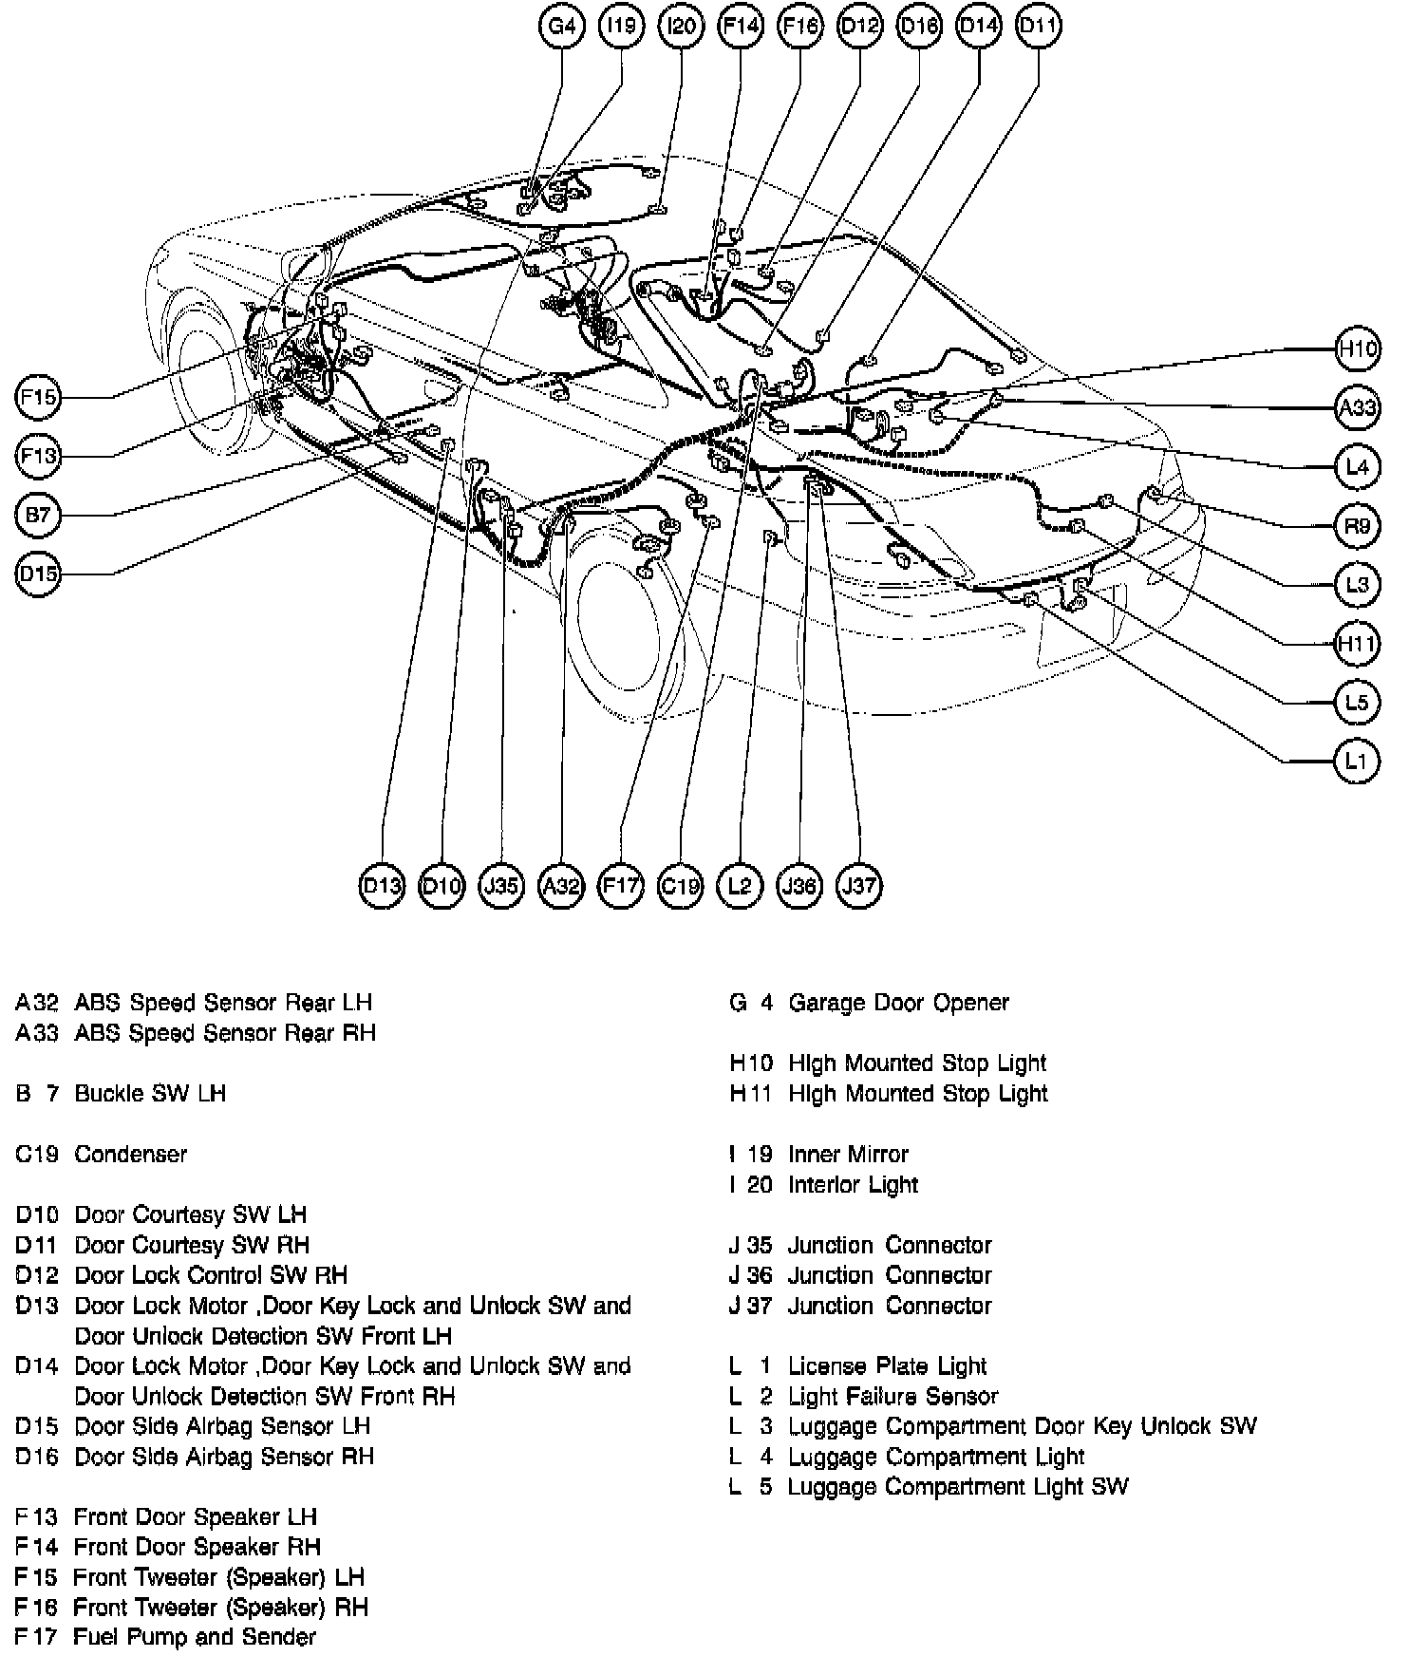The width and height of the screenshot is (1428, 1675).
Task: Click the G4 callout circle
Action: [562, 26]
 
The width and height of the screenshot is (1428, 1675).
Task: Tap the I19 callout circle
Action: [622, 26]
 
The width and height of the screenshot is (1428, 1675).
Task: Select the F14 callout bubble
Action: [741, 26]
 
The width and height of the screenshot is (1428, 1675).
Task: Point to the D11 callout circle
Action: [1038, 26]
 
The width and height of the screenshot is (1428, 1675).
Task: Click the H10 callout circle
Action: [1357, 348]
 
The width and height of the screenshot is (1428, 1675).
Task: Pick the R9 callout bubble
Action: [1357, 525]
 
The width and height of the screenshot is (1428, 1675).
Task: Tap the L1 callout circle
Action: [1357, 761]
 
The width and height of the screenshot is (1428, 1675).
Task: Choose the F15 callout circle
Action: [38, 396]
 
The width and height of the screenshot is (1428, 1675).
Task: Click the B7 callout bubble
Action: [38, 515]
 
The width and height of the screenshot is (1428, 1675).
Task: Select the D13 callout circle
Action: [382, 886]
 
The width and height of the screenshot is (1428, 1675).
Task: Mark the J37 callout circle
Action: [859, 886]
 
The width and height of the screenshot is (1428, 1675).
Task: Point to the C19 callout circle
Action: [681, 886]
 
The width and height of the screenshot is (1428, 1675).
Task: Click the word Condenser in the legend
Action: [131, 1154]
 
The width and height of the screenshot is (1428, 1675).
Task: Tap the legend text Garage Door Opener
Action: [898, 1003]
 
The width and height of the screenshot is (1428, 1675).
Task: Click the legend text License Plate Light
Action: [888, 1365]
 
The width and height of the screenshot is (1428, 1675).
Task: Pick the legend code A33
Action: [37, 1032]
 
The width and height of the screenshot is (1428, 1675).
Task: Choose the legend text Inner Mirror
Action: [848, 1154]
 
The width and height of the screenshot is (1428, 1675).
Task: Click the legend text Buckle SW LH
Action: [150, 1093]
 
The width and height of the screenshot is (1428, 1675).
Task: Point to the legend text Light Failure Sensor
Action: [893, 1396]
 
